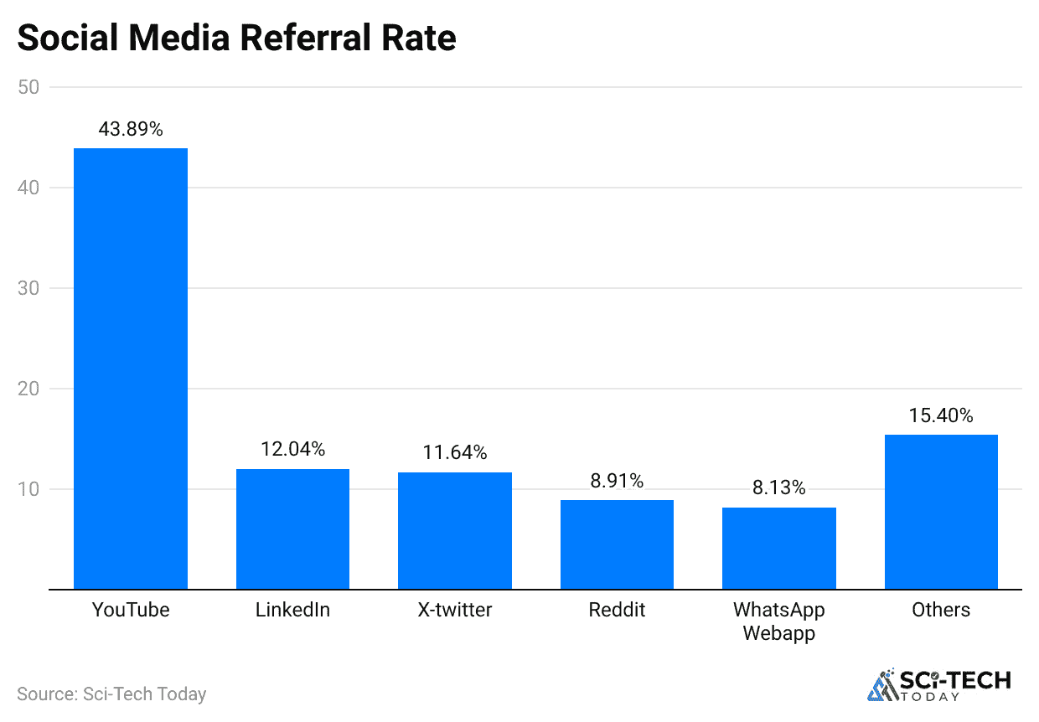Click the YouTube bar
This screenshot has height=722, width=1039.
pyautogui.click(x=131, y=369)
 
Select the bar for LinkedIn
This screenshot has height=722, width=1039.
pyautogui.click(x=292, y=529)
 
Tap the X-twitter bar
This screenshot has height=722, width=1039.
pyautogui.click(x=455, y=531)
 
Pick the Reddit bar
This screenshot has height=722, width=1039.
pyautogui.click(x=617, y=544)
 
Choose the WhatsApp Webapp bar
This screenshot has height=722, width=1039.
pyautogui.click(x=779, y=549)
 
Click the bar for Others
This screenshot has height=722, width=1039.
pyautogui.click(x=941, y=512)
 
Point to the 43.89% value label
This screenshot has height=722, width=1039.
pyautogui.click(x=131, y=130)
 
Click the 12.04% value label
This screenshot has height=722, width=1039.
pyautogui.click(x=292, y=450)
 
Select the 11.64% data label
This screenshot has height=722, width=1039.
pyautogui.click(x=455, y=453)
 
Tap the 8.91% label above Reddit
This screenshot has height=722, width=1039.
pyautogui.click(x=617, y=481)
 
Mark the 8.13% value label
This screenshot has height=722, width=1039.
pyautogui.click(x=779, y=488)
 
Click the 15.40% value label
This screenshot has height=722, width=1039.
pyautogui.click(x=941, y=415)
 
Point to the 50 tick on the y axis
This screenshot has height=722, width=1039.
pyautogui.click(x=28, y=87)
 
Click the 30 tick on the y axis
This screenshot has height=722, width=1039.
pyautogui.click(x=28, y=288)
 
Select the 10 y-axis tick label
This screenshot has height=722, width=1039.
pyautogui.click(x=28, y=489)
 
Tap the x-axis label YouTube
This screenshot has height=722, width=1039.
pyautogui.click(x=131, y=610)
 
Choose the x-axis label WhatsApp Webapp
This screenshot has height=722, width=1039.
pyautogui.click(x=779, y=621)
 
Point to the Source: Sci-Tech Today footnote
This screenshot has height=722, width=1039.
pyautogui.click(x=111, y=694)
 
